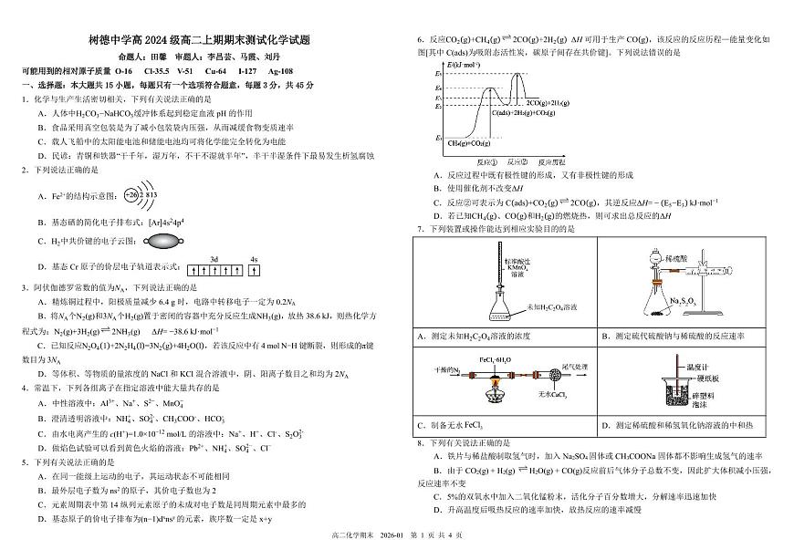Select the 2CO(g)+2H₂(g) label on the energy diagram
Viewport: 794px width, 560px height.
point(551,103)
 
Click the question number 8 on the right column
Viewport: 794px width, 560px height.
point(419,441)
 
